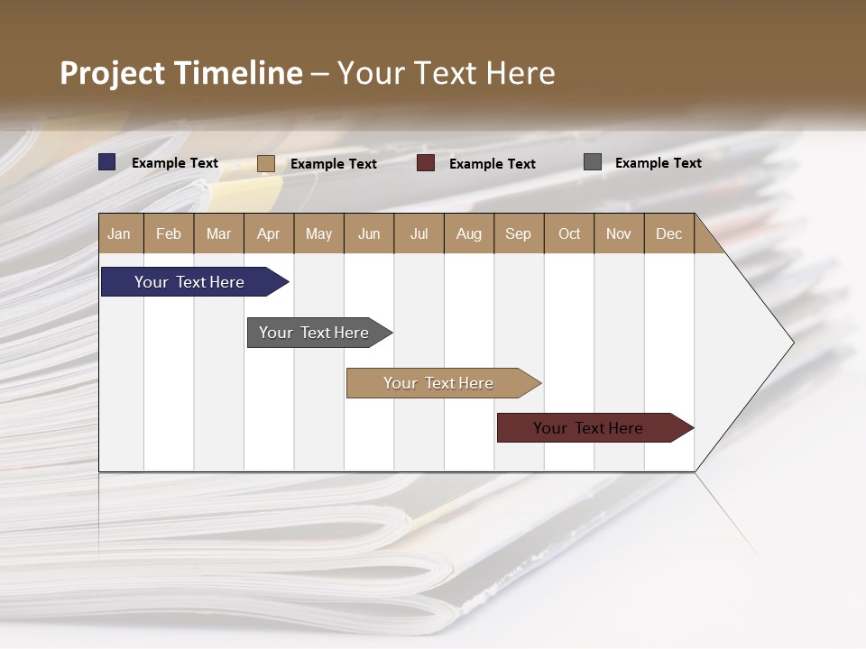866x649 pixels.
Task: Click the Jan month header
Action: tap(119, 233)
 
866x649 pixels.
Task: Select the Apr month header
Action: tap(268, 233)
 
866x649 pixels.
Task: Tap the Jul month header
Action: tap(419, 233)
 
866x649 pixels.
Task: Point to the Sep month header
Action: tap(518, 233)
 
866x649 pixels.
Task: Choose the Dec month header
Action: tap(668, 233)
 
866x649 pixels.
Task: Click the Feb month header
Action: tap(169, 233)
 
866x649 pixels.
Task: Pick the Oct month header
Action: tap(569, 233)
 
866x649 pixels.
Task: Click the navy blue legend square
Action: tap(107, 162)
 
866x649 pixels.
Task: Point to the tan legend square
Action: tap(265, 163)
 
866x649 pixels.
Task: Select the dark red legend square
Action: tap(426, 163)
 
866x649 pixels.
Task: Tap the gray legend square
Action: tap(593, 162)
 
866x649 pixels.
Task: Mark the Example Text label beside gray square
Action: tap(658, 163)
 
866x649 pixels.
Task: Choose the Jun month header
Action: tap(369, 233)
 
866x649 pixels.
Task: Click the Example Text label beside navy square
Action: tap(175, 163)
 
